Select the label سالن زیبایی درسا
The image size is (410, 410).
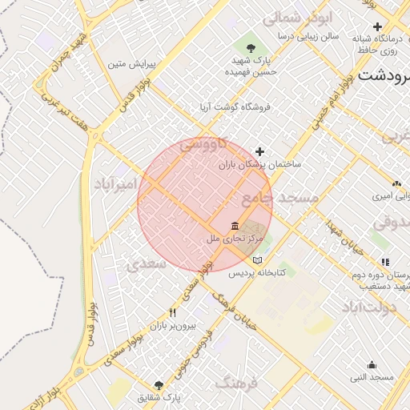pyautogui.click(x=309, y=36)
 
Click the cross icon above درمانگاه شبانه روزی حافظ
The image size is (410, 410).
pyautogui.click(x=378, y=27)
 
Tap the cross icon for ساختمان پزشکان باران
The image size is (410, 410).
pyautogui.click(x=259, y=151)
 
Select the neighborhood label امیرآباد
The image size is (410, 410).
pyautogui.click(x=115, y=186)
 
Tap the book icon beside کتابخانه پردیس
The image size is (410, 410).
pyautogui.click(x=256, y=260)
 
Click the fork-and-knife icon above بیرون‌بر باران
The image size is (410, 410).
pyautogui.click(x=172, y=312)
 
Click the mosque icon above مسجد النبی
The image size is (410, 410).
pyautogui.click(x=372, y=364)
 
